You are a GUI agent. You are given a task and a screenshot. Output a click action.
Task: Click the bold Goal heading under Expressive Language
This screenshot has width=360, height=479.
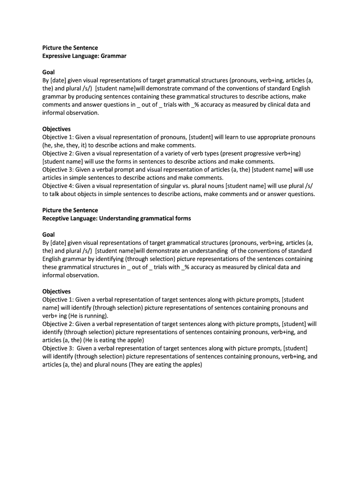tap(49, 73)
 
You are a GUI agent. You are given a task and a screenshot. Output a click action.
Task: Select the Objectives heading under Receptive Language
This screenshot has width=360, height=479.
tap(57, 291)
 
